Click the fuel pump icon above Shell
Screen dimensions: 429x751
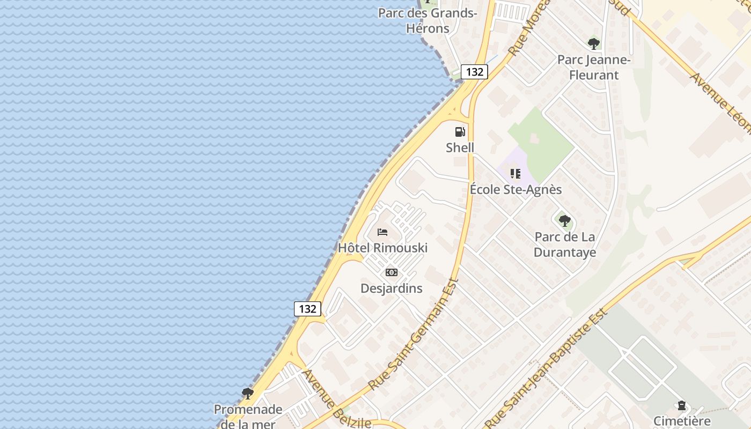(460, 132)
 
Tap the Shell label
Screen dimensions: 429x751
(460, 147)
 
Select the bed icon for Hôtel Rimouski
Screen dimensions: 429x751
(382, 232)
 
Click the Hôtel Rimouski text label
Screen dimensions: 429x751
(382, 248)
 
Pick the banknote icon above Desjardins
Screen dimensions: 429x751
(392, 272)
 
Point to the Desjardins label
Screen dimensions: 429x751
(392, 289)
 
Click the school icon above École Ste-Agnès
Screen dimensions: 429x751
(516, 174)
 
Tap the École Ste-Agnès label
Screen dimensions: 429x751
(516, 190)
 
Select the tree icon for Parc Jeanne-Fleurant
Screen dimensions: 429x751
(593, 44)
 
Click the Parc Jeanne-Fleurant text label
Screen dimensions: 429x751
(594, 67)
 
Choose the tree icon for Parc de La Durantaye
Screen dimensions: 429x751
(564, 220)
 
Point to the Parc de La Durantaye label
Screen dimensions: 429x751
(565, 244)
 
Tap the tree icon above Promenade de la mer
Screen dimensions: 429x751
(247, 394)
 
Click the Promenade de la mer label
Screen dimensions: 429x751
(248, 416)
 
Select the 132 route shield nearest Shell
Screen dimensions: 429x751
(474, 72)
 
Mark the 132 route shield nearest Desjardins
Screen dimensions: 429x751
(307, 309)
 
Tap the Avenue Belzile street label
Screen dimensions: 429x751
(336, 398)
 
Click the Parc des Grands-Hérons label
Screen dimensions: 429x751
(428, 20)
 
